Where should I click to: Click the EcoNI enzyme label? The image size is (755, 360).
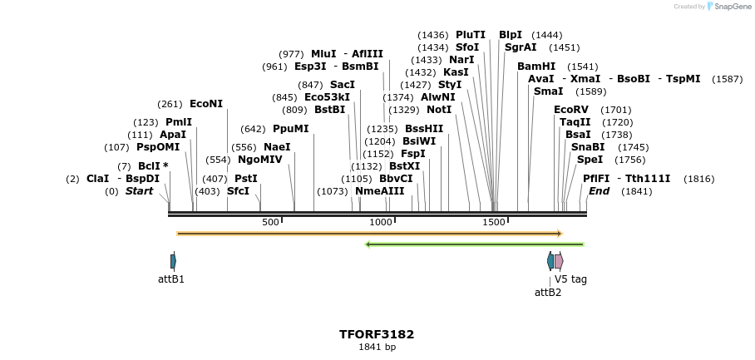(x=206, y=104)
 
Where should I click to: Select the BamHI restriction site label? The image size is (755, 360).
(x=536, y=67)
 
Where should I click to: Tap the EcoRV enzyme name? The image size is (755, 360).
(x=571, y=110)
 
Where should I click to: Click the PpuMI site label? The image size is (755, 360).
(x=290, y=129)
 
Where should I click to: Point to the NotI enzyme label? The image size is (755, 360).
(x=439, y=110)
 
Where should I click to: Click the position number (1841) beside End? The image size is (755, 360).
(x=636, y=191)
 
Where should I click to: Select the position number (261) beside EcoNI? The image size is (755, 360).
(x=170, y=104)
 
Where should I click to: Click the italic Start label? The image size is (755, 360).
(x=139, y=191)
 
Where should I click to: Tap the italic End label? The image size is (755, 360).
(x=599, y=191)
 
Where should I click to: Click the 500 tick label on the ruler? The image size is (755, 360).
(x=270, y=222)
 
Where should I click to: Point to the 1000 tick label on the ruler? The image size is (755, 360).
(x=381, y=222)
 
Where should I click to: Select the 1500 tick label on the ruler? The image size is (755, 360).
(x=494, y=222)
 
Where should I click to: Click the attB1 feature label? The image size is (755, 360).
(x=171, y=279)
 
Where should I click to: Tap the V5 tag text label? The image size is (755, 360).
(x=570, y=279)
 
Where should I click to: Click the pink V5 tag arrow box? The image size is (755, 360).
(x=559, y=261)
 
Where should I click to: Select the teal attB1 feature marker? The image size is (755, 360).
(x=173, y=261)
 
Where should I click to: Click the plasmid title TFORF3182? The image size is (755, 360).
(x=377, y=334)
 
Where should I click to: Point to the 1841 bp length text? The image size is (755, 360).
(x=377, y=347)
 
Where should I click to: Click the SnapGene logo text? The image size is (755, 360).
(x=729, y=7)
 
